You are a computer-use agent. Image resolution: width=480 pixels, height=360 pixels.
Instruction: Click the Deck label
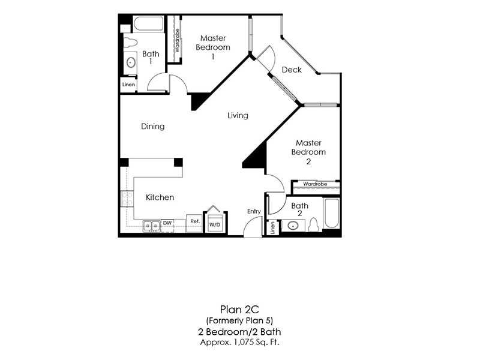[292, 70]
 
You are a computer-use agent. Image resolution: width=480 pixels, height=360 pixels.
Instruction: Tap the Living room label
[238, 115]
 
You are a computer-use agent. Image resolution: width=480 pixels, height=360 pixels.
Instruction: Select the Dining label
[153, 126]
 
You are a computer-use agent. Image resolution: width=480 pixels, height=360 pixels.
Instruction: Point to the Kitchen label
[160, 197]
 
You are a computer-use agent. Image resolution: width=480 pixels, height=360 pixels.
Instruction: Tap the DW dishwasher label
[167, 223]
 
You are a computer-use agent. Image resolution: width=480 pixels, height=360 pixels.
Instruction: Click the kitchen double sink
[151, 225]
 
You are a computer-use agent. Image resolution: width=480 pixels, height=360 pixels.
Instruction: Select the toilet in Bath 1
[130, 43]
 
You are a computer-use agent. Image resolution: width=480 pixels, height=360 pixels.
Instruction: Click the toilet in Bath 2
[313, 225]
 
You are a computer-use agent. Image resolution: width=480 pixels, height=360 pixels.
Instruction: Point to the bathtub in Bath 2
[331, 214]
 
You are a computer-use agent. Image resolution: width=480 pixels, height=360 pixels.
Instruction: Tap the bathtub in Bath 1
[148, 24]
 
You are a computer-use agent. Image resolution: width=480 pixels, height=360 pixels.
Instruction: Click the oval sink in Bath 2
[293, 226]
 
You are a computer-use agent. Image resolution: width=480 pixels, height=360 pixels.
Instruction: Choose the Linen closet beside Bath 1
[128, 85]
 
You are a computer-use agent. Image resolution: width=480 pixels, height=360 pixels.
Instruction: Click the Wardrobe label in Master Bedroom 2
[315, 184]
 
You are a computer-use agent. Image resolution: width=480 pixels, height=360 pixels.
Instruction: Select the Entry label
[254, 211]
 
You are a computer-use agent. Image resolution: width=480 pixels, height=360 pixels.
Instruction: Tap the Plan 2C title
[238, 310]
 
